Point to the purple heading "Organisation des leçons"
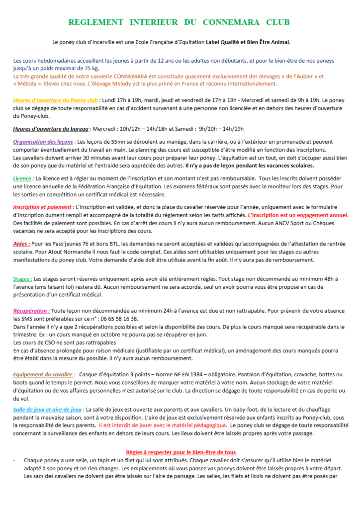tap(43, 142)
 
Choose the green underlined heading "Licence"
tap(22, 178)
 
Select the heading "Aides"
tap(21, 244)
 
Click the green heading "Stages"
tap(22, 279)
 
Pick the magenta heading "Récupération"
tap(31, 310)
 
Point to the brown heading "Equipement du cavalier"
tap(44, 374)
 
